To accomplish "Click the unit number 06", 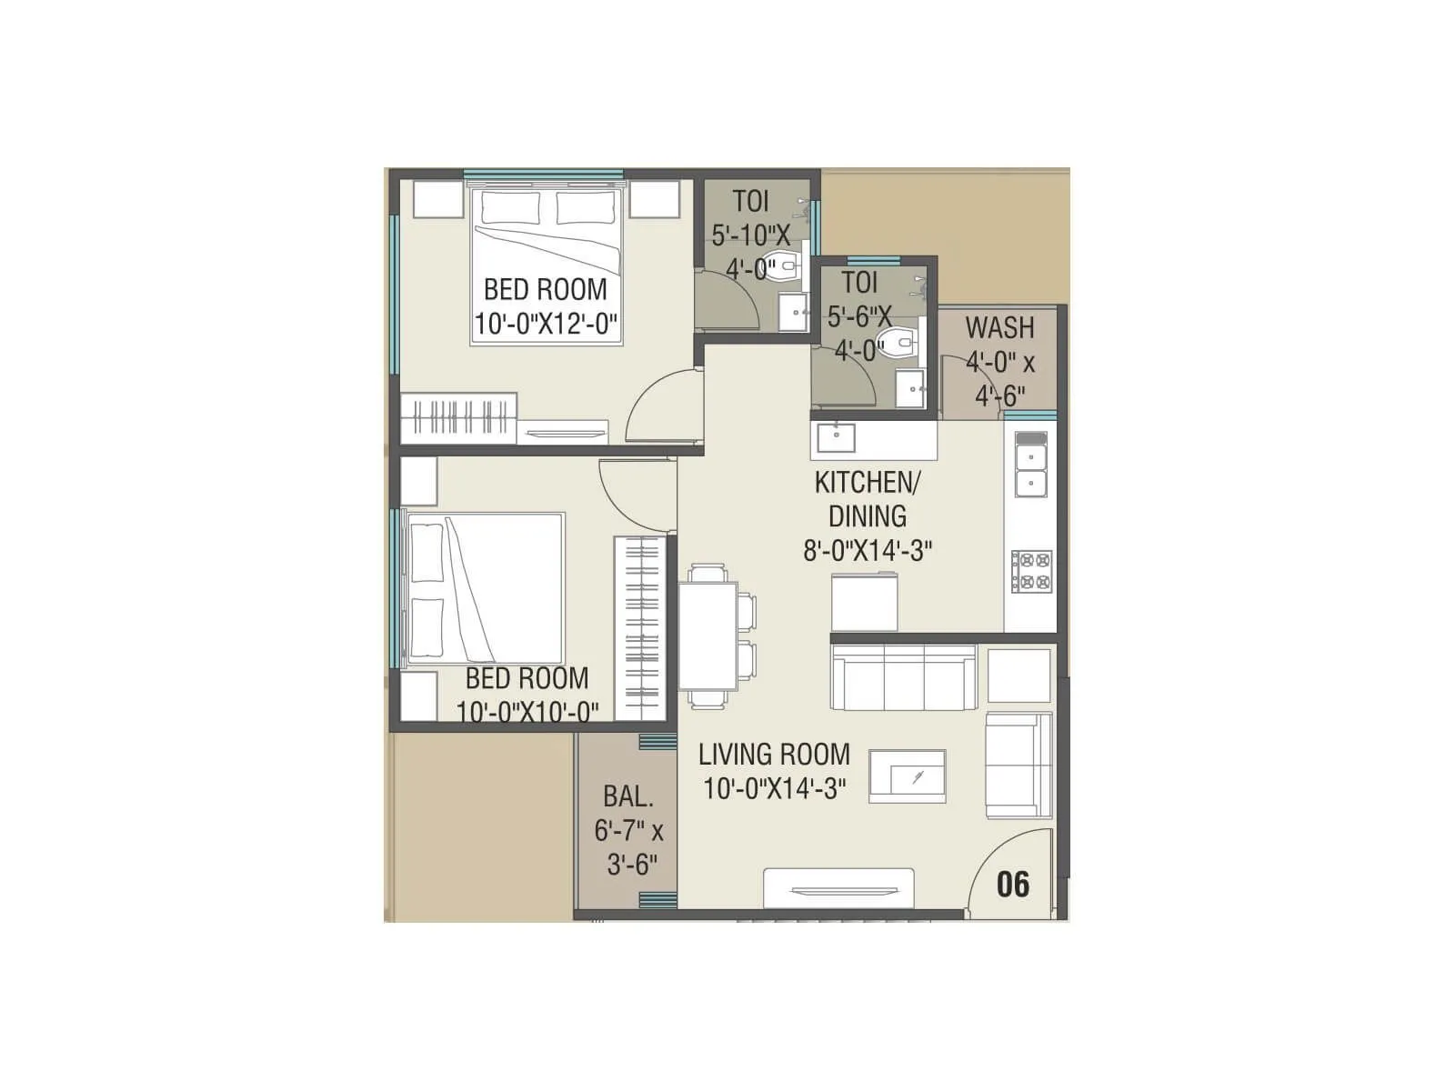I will click(x=1013, y=884).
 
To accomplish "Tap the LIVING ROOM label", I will click(x=774, y=755).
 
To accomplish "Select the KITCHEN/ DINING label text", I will click(x=867, y=498).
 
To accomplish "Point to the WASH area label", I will click(x=999, y=327).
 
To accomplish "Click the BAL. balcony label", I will click(x=628, y=797).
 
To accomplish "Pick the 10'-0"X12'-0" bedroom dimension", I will click(x=546, y=324).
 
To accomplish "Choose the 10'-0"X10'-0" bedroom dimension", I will click(x=527, y=712).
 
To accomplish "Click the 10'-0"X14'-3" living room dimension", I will click(x=775, y=788).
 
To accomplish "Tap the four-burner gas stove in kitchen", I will click(x=1031, y=572).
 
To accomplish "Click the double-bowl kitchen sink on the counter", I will click(x=1030, y=465).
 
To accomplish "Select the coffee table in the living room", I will click(x=908, y=776).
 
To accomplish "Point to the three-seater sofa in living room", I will click(x=904, y=677).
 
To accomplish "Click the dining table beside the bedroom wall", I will click(x=707, y=636).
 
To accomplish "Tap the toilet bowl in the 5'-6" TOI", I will click(x=903, y=342).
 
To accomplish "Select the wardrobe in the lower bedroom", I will click(x=640, y=628).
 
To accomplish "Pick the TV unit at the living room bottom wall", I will click(x=838, y=888).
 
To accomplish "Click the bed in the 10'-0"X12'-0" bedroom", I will click(x=546, y=264).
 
